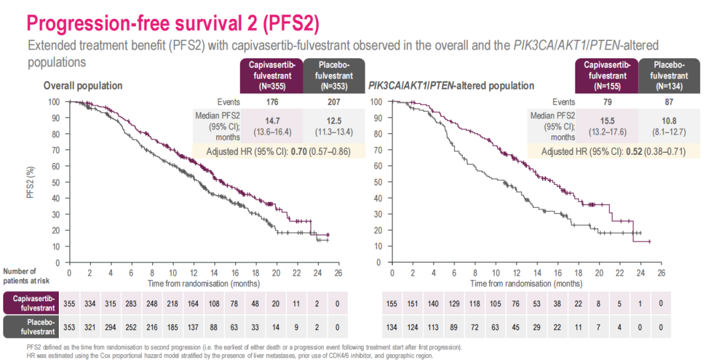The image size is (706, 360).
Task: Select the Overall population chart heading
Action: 83,86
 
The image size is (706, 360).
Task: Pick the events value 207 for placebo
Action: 333,102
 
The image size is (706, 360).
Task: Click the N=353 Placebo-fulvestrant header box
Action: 334,75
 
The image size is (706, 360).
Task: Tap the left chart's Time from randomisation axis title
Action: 203,283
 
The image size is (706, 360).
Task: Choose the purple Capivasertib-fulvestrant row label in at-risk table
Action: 30,304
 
